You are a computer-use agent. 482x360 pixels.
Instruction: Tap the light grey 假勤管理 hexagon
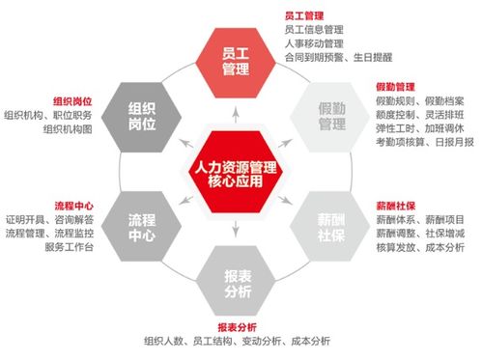(331, 115)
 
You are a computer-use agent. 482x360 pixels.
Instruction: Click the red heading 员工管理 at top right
(304, 15)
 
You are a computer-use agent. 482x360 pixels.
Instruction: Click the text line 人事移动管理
(316, 43)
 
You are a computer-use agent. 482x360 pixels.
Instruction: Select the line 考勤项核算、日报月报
(424, 143)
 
